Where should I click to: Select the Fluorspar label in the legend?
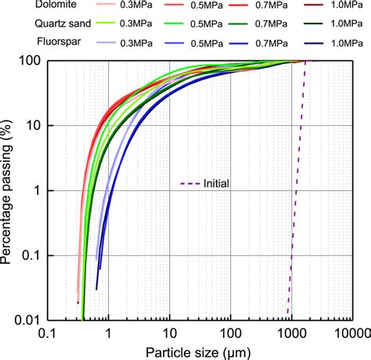pos(27,41)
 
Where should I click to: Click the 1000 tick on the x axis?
pos(289,333)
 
